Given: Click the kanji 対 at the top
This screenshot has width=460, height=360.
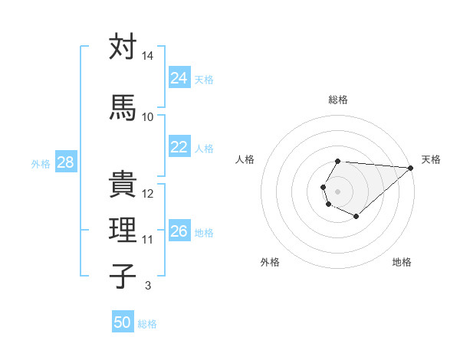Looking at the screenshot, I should (x=123, y=47).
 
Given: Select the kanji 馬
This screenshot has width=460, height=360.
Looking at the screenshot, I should (x=123, y=106).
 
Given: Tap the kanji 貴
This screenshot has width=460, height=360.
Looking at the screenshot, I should (x=123, y=184).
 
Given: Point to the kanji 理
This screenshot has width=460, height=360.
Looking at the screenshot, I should (x=123, y=230).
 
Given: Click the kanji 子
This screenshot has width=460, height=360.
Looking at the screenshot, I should (x=123, y=275).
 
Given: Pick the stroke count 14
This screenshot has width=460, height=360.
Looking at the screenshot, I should (x=148, y=57).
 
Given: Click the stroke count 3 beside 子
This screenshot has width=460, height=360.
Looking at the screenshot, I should (x=148, y=286).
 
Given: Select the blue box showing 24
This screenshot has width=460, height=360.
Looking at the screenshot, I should (x=179, y=77).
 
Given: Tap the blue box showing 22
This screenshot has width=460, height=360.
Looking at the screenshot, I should (x=179, y=147).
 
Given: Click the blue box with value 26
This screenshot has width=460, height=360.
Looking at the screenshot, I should (x=179, y=231).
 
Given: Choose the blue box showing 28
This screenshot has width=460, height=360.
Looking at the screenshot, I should (x=65, y=162).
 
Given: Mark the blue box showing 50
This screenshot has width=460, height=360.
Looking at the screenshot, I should (x=122, y=322).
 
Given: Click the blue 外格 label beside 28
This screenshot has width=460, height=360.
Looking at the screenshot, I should (x=41, y=164).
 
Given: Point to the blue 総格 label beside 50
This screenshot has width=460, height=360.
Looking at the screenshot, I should (x=147, y=324).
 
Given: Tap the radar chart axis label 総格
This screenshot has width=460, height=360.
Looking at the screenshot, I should (x=338, y=100).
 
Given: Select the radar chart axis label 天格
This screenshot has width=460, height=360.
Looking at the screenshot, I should (x=431, y=159).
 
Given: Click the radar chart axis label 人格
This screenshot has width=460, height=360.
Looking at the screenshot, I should (x=245, y=159).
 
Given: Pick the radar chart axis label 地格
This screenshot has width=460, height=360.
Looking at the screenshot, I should (x=402, y=262).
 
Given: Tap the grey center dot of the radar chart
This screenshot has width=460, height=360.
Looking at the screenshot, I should (x=338, y=190).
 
